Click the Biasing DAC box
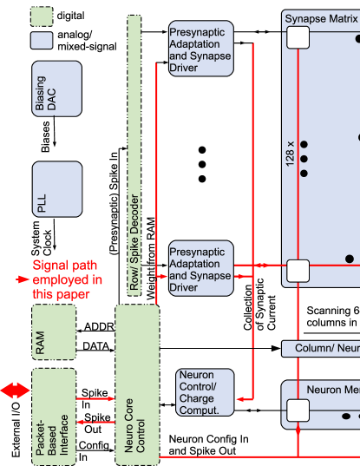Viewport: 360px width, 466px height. click(57, 89)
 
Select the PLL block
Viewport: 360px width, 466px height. click(57, 188)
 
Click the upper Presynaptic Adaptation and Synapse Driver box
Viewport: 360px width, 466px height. click(200, 49)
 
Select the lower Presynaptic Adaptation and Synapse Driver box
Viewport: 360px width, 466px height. click(200, 268)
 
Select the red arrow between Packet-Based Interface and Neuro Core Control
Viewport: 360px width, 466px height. click(95, 399)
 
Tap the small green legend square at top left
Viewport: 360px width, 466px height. click(42, 16)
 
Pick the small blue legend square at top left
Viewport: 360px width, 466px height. click(42, 40)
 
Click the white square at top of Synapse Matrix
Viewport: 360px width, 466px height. click(298, 36)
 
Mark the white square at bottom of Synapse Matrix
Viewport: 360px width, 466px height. click(298, 270)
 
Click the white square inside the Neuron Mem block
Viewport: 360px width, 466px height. click(298, 410)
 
